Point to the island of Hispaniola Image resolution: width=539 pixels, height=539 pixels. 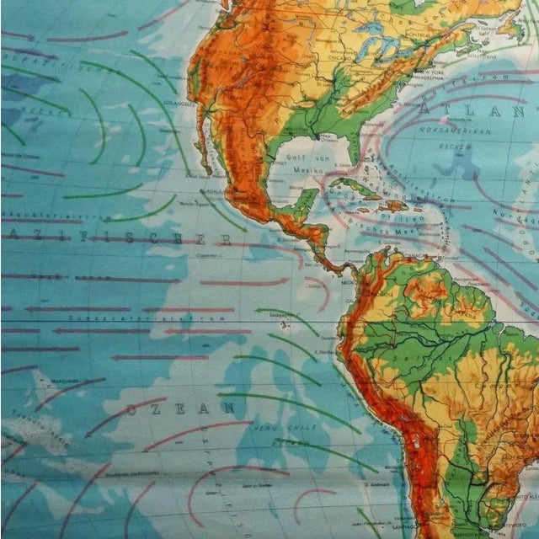click(x=395, y=205)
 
